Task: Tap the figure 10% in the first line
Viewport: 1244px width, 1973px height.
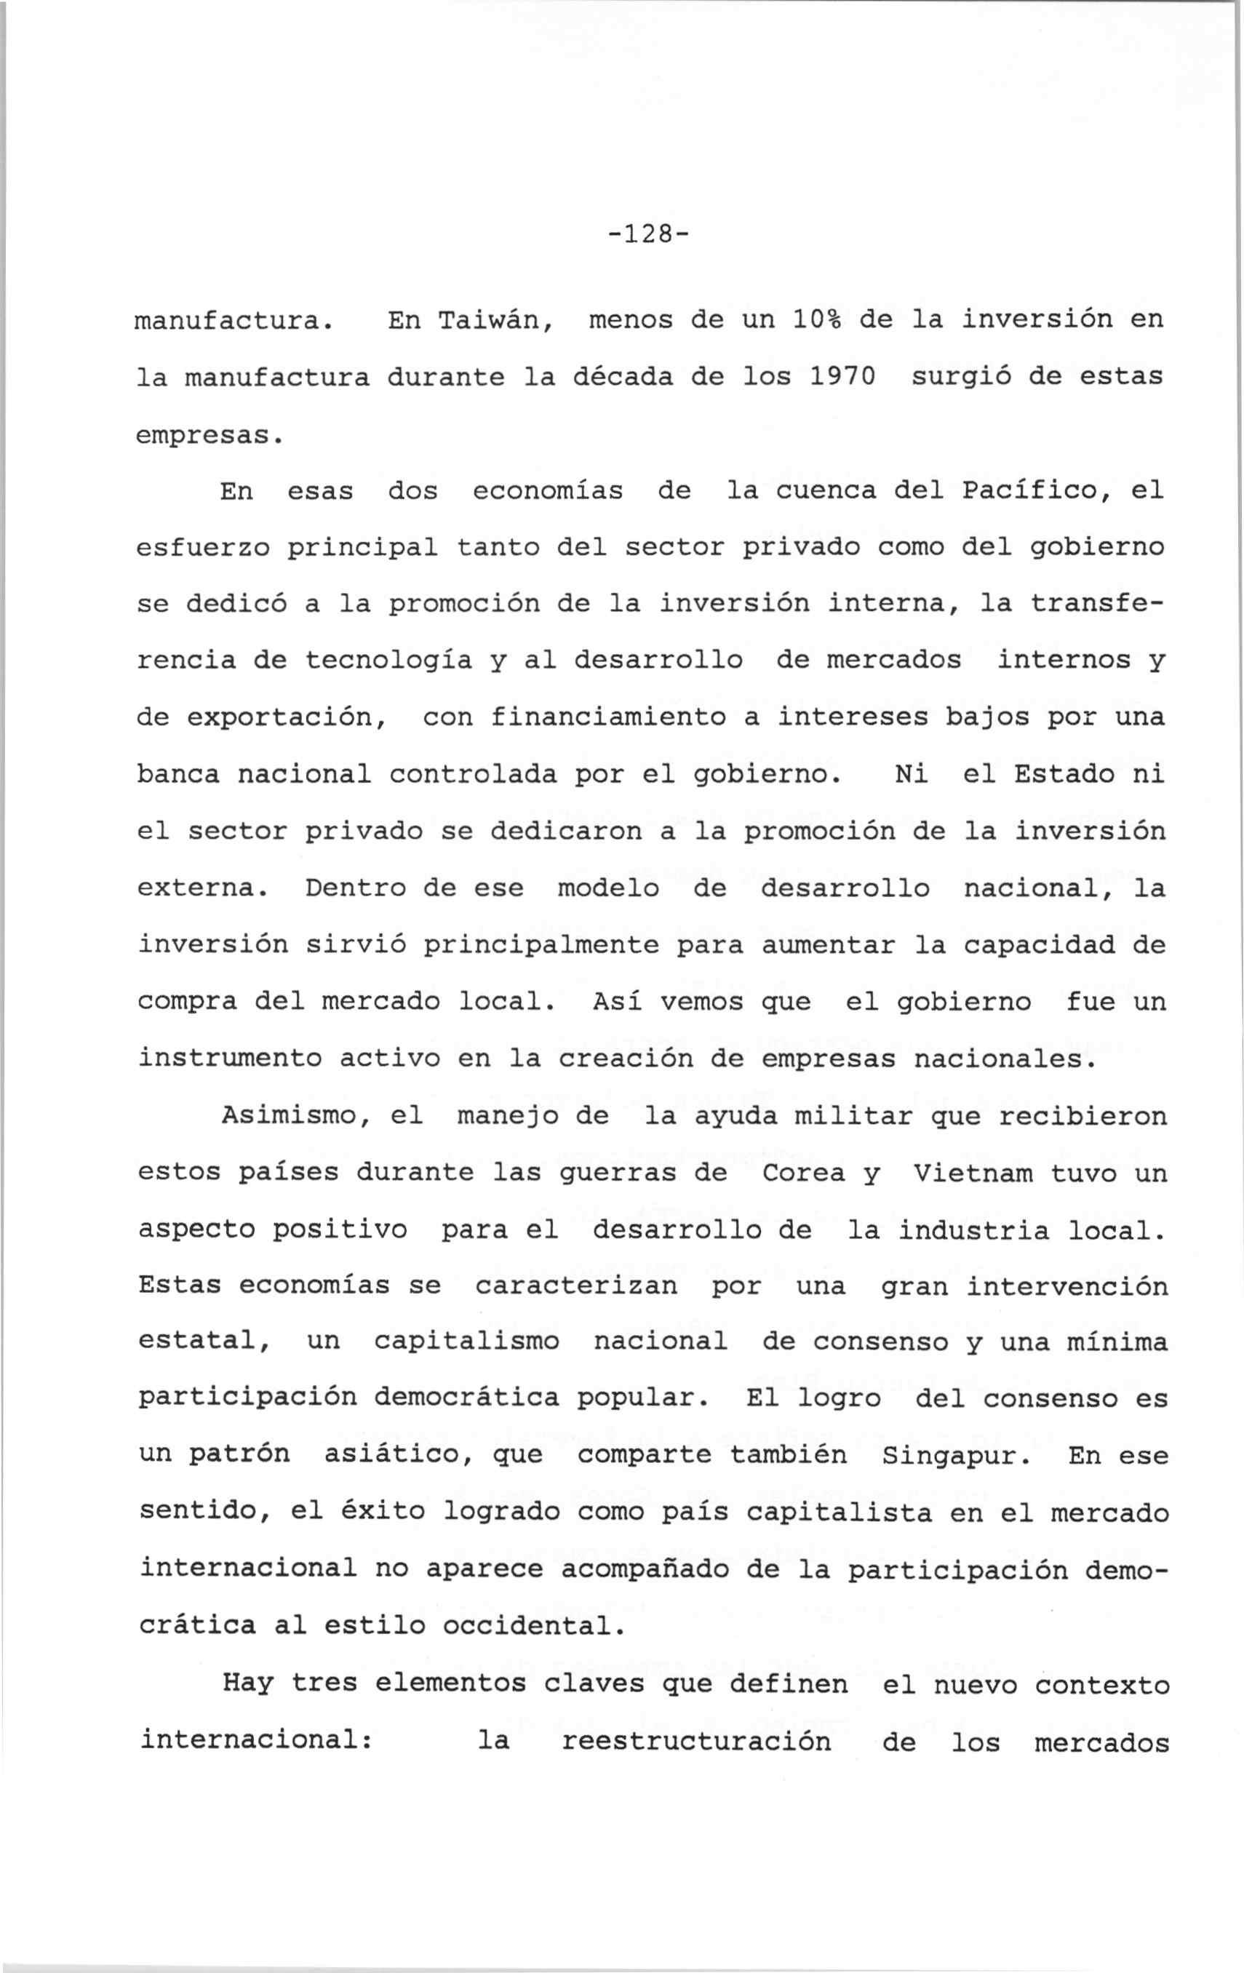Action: (x=817, y=319)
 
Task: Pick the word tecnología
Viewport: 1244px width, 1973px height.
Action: (x=388, y=661)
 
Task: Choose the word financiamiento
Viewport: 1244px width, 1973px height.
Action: (x=608, y=718)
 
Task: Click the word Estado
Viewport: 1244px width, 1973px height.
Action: (x=1064, y=774)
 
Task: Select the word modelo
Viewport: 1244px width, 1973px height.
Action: (x=608, y=888)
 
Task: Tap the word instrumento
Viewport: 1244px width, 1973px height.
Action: (x=231, y=1059)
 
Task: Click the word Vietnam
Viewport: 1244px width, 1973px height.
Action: (x=973, y=1173)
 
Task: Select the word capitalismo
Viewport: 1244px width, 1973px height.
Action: (x=467, y=1342)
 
